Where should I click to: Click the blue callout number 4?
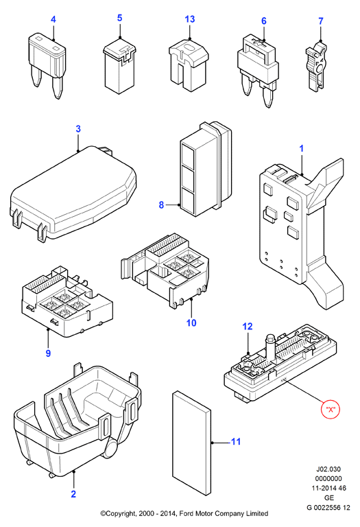click(x=53, y=19)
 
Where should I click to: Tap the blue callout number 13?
click(x=190, y=19)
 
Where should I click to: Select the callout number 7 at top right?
click(x=321, y=21)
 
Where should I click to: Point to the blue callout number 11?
click(x=236, y=441)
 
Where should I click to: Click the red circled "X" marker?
click(x=331, y=410)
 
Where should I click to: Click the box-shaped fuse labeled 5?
click(x=119, y=67)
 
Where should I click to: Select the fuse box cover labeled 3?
click(x=73, y=195)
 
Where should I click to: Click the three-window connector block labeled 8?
click(x=206, y=169)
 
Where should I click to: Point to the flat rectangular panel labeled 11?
click(x=192, y=443)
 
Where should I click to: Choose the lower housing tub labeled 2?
click(x=77, y=419)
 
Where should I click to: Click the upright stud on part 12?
click(x=270, y=346)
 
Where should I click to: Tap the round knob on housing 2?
click(x=111, y=447)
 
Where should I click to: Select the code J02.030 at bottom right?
click(x=328, y=469)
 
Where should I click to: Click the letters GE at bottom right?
click(x=329, y=497)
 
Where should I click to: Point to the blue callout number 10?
click(x=191, y=323)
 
